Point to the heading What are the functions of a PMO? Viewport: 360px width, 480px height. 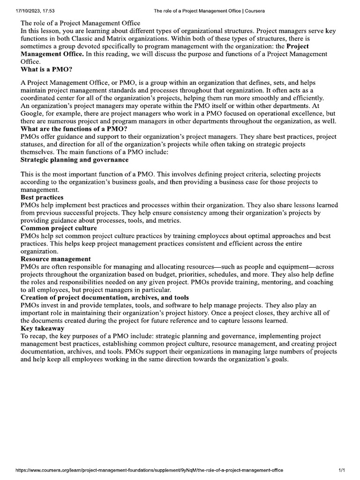point(75,129)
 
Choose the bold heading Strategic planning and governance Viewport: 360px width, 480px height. point(75,160)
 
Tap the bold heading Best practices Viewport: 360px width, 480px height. point(42,197)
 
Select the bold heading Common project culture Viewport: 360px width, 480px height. point(59,228)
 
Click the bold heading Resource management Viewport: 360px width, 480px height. point(56,259)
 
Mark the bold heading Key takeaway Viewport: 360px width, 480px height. point(44,328)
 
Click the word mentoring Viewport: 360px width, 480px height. point(268,282)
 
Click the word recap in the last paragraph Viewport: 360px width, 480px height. point(39,336)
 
